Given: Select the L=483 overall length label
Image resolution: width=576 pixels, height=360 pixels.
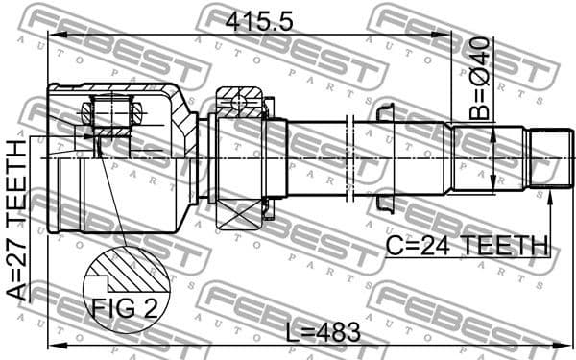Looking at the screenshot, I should (x=323, y=332).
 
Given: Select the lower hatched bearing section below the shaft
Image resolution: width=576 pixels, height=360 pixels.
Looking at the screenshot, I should (x=240, y=213).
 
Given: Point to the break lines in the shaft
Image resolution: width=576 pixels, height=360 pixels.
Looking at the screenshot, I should (x=351, y=157).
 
